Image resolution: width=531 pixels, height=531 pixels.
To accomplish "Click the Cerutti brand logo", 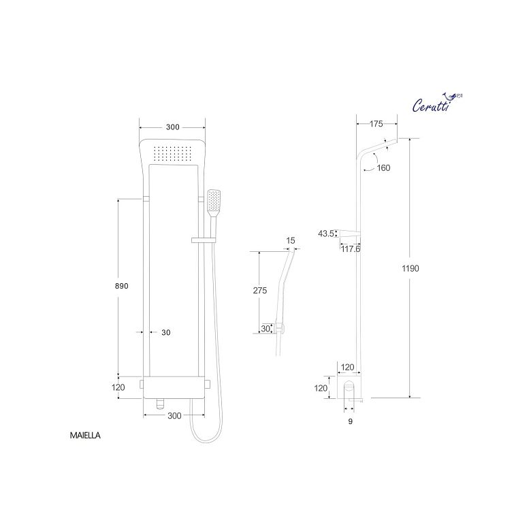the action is pos(437,102).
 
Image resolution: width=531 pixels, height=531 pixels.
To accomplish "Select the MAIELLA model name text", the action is pos(85,436).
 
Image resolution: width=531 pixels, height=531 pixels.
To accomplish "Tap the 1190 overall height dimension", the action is pos(411,268).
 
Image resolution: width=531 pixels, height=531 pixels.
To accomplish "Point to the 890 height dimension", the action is pos(122,286).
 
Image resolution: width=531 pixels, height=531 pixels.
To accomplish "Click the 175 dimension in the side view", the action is pos(376,124).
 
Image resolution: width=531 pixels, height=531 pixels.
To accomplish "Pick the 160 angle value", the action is pos(383,168).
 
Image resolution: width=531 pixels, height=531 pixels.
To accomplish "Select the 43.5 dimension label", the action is pos(326,234).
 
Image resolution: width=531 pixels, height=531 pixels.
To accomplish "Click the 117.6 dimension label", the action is pos(351,249).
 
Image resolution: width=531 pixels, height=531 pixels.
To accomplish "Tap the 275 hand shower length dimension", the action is pos(260,291).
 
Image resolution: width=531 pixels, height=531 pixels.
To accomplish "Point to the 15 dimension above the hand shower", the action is pos(291,241).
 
